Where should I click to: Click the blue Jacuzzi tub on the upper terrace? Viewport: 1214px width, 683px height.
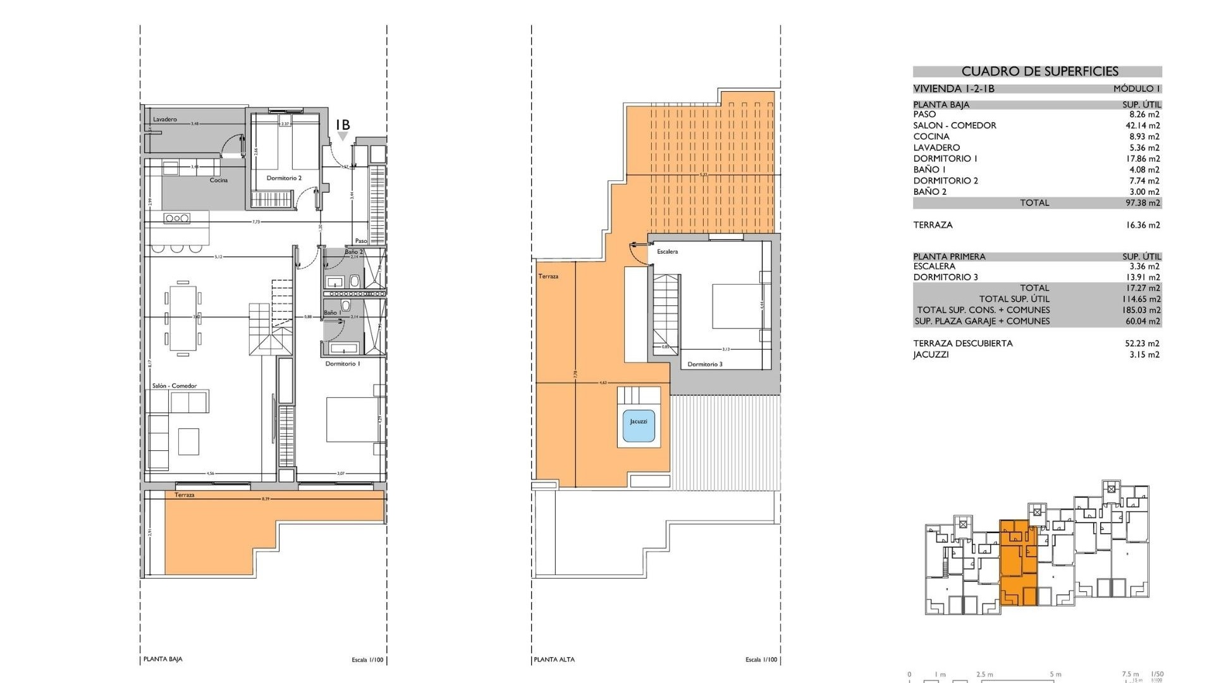coord(639,422)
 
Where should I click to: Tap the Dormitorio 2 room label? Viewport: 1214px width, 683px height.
coord(284,178)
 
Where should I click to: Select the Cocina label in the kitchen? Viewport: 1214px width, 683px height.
coord(219,180)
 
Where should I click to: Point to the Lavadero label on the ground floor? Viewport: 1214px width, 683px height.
coord(165,120)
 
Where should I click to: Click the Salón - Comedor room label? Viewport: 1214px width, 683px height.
coord(175,386)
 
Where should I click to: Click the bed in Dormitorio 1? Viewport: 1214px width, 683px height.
coord(352,419)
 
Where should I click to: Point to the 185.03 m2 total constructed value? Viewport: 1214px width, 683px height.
coord(1142,310)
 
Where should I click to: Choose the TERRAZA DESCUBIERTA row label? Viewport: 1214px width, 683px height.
coord(962,343)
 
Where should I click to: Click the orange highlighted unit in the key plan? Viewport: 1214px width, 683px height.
coord(1018,563)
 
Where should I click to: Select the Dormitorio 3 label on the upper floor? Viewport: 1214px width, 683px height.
coord(704,364)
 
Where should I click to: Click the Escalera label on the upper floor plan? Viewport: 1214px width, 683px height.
coord(667,252)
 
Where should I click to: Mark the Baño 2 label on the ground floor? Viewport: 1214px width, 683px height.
coord(353,252)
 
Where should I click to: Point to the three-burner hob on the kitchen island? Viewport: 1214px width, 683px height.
coord(177,218)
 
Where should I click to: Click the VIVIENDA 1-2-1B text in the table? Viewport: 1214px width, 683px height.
coord(953,89)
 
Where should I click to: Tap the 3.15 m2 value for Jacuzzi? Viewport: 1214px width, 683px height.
coord(1144,355)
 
